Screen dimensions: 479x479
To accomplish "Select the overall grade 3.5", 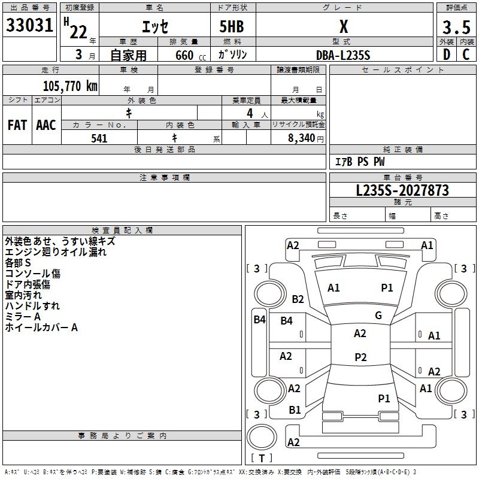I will [x=455, y=28].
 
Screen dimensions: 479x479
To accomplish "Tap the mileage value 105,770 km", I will [x=70, y=86].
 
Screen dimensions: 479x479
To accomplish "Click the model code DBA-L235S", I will [x=343, y=55].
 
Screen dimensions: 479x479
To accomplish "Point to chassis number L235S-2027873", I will [x=402, y=190].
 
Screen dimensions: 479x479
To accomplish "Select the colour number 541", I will [x=99, y=138].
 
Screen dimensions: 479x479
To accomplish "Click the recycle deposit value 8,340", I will [x=298, y=138].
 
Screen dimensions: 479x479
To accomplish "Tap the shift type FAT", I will [x=17, y=125].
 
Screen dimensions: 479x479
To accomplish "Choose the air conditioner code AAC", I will [x=46, y=125].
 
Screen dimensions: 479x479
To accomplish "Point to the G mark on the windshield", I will [x=378, y=316].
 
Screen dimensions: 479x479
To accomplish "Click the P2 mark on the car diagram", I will [x=360, y=357].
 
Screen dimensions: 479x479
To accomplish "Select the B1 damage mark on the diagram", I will [x=295, y=410].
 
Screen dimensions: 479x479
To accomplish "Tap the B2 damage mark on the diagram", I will [x=298, y=299].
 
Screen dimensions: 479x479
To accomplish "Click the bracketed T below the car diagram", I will [x=261, y=459].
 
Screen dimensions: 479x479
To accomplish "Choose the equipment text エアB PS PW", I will [x=359, y=162].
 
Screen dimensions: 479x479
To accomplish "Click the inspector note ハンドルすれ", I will [x=32, y=306].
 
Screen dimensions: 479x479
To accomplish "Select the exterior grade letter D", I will [x=446, y=55].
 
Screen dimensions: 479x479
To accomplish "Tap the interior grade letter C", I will [x=466, y=55].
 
